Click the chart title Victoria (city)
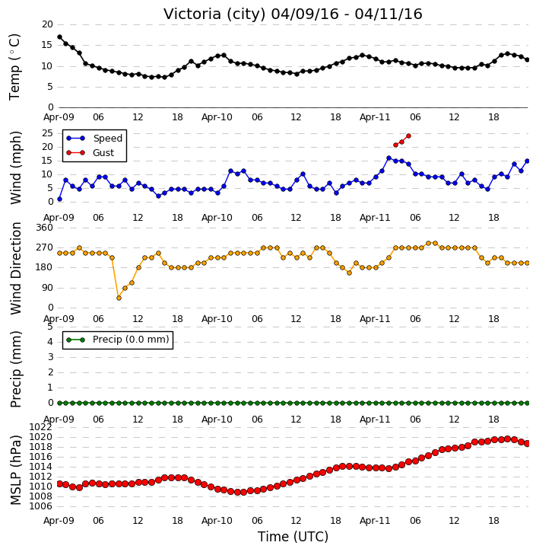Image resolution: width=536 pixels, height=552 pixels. [214, 14]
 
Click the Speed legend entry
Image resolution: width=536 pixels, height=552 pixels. [94, 139]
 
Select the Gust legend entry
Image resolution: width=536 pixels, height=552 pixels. [90, 153]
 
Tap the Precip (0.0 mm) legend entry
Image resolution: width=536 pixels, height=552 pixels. [118, 340]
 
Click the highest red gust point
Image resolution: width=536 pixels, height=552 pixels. [408, 136]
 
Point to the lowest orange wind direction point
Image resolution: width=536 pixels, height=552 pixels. [119, 298]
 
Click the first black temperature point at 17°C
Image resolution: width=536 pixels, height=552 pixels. [59, 37]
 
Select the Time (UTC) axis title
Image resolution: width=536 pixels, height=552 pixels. [293, 537]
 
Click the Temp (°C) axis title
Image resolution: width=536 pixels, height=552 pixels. [14, 67]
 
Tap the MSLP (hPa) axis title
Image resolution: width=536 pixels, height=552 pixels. [15, 471]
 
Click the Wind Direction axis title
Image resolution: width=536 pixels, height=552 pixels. [15, 268]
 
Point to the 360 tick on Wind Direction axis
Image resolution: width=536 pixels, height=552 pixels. [44, 228]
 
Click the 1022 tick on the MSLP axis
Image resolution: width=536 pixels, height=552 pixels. [40, 427]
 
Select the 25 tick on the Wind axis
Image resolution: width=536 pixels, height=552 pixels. [47, 133]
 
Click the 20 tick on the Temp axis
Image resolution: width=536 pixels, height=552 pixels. [47, 24]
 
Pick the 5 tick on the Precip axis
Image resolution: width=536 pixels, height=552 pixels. [50, 327]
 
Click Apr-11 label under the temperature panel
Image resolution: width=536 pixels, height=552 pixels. [375, 117]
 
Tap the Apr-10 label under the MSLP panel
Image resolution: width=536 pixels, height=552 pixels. [217, 520]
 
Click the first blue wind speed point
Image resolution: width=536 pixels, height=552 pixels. [59, 199]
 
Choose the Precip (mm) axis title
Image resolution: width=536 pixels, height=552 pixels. [15, 369]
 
